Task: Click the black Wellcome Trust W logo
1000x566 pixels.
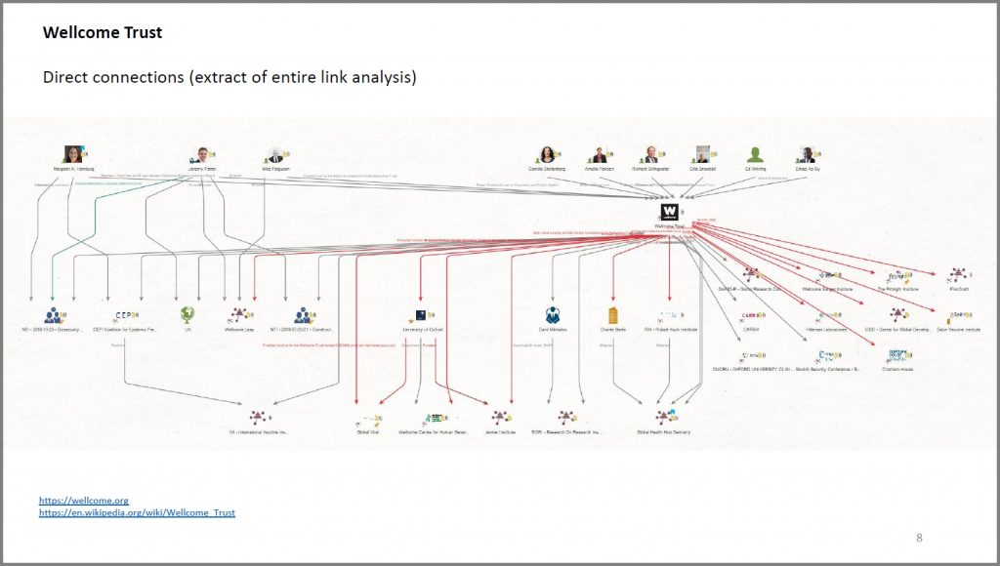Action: coord(668,211)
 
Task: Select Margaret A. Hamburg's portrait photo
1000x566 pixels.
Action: coord(73,154)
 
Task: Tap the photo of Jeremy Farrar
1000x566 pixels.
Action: coord(202,154)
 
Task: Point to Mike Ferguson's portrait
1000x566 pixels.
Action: coord(271,154)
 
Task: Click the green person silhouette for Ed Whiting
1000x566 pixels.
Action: coord(755,154)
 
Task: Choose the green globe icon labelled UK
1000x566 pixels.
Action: coord(187,314)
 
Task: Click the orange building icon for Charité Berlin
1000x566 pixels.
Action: coord(613,315)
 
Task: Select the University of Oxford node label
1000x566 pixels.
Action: coord(422,330)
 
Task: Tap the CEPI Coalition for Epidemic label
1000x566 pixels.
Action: coord(124,330)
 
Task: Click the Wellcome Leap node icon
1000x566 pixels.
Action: coord(238,314)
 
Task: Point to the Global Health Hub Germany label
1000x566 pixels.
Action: coord(663,431)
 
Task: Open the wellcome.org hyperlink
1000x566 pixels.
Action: coord(84,501)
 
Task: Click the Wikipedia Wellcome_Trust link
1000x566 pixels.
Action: coord(137,512)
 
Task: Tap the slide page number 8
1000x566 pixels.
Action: coord(919,538)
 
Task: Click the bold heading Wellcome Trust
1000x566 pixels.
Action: coord(103,33)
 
